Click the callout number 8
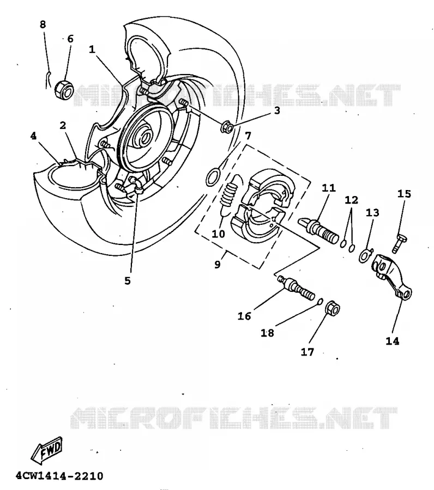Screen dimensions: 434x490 click(43, 24)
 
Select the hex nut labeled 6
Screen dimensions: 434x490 click(64, 89)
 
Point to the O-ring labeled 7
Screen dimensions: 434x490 click(213, 177)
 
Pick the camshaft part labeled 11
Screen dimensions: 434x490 click(318, 229)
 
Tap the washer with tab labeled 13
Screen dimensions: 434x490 click(365, 255)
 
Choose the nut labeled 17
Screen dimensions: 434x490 click(333, 309)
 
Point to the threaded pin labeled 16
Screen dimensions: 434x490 click(296, 287)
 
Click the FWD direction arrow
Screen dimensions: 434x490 click(47, 450)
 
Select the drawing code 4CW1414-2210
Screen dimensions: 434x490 click(59, 476)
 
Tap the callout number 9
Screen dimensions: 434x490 click(218, 265)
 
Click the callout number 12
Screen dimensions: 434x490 click(351, 200)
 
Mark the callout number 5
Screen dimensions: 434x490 click(128, 280)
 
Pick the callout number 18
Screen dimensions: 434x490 click(268, 333)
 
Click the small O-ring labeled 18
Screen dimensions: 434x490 click(320, 301)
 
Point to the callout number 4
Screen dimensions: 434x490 click(33, 136)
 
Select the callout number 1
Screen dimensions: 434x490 click(92, 50)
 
